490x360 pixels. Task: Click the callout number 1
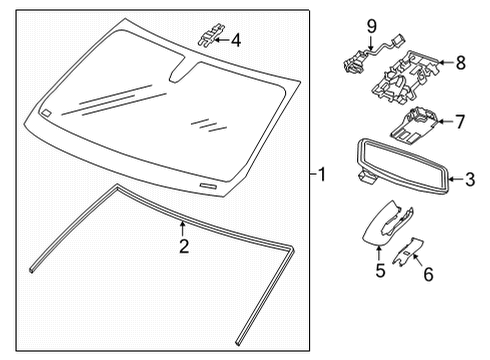(321, 174)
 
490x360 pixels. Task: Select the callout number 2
(182, 247)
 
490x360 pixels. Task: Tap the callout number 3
(469, 181)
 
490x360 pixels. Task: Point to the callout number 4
(235, 41)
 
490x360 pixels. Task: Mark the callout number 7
(460, 123)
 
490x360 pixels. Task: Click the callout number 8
(460, 62)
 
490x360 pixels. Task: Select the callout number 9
(369, 25)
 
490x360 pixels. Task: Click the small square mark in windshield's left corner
(47, 114)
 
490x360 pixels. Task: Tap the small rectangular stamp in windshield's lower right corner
(208, 186)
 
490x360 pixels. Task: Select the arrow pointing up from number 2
(182, 228)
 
